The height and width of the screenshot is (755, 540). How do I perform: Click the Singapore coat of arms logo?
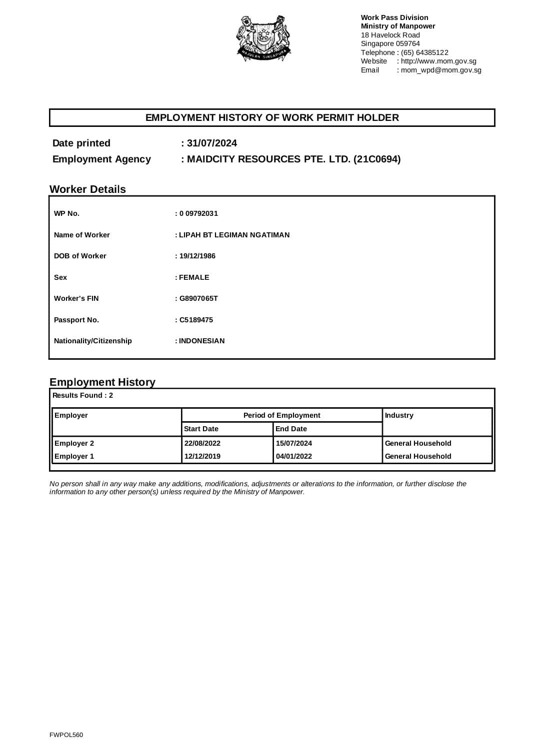(x=263, y=38)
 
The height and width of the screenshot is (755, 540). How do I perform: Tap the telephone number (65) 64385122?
(x=424, y=52)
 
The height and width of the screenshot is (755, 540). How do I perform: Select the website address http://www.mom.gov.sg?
(x=438, y=61)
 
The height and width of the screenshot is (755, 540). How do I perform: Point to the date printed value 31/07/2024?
(x=212, y=143)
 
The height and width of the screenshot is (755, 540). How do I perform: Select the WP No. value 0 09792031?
(x=198, y=213)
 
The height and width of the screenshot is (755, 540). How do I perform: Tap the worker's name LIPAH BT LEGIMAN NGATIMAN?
(x=234, y=235)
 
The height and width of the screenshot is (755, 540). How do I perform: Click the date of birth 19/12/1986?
(x=197, y=256)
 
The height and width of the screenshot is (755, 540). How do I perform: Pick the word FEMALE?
(x=194, y=277)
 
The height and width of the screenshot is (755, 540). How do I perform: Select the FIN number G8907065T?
(x=198, y=298)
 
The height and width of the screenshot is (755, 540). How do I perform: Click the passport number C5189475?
(x=196, y=320)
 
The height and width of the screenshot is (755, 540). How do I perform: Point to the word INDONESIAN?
(x=201, y=341)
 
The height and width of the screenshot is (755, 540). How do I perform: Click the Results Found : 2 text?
(x=83, y=395)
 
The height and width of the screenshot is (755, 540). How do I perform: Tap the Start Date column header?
(x=201, y=429)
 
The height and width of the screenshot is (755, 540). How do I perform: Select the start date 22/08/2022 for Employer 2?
(x=202, y=443)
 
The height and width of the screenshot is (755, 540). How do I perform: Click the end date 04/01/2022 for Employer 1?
(x=294, y=456)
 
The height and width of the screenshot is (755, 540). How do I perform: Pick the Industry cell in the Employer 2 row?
(x=418, y=443)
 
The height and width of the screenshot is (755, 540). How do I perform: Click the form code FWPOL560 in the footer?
(x=66, y=735)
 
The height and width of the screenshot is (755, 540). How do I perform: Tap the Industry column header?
(x=399, y=415)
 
